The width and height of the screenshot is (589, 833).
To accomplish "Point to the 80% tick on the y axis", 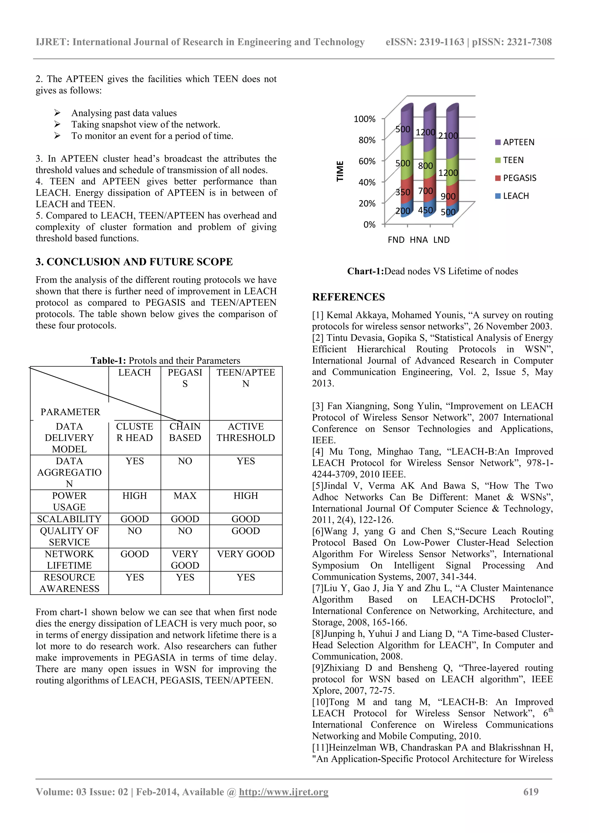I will pos(367,140).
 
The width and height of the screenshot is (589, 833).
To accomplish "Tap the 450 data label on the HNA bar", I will pos(425,210).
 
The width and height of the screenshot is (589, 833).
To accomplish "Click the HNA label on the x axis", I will pos(418,240).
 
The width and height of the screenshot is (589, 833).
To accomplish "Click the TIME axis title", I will pos(340,171).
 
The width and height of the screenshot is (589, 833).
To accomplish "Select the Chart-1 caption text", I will pos(432,271).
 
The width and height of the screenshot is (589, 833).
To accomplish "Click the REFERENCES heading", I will pos(348,297).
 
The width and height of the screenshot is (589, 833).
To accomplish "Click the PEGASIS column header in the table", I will pos(185,378).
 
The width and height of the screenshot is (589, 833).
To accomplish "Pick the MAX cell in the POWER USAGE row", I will pos(185,496).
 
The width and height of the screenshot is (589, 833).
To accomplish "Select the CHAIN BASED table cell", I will pos(185,432).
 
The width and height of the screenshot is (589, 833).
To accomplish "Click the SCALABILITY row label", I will pos(69,519).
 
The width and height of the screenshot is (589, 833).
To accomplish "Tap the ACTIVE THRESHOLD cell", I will pos(246,432).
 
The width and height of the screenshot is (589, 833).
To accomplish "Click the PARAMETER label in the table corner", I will pos(70,412).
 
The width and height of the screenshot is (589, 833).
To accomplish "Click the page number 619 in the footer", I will pos(531,792).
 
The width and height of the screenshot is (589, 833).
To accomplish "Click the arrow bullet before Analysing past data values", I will pos(57,113).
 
